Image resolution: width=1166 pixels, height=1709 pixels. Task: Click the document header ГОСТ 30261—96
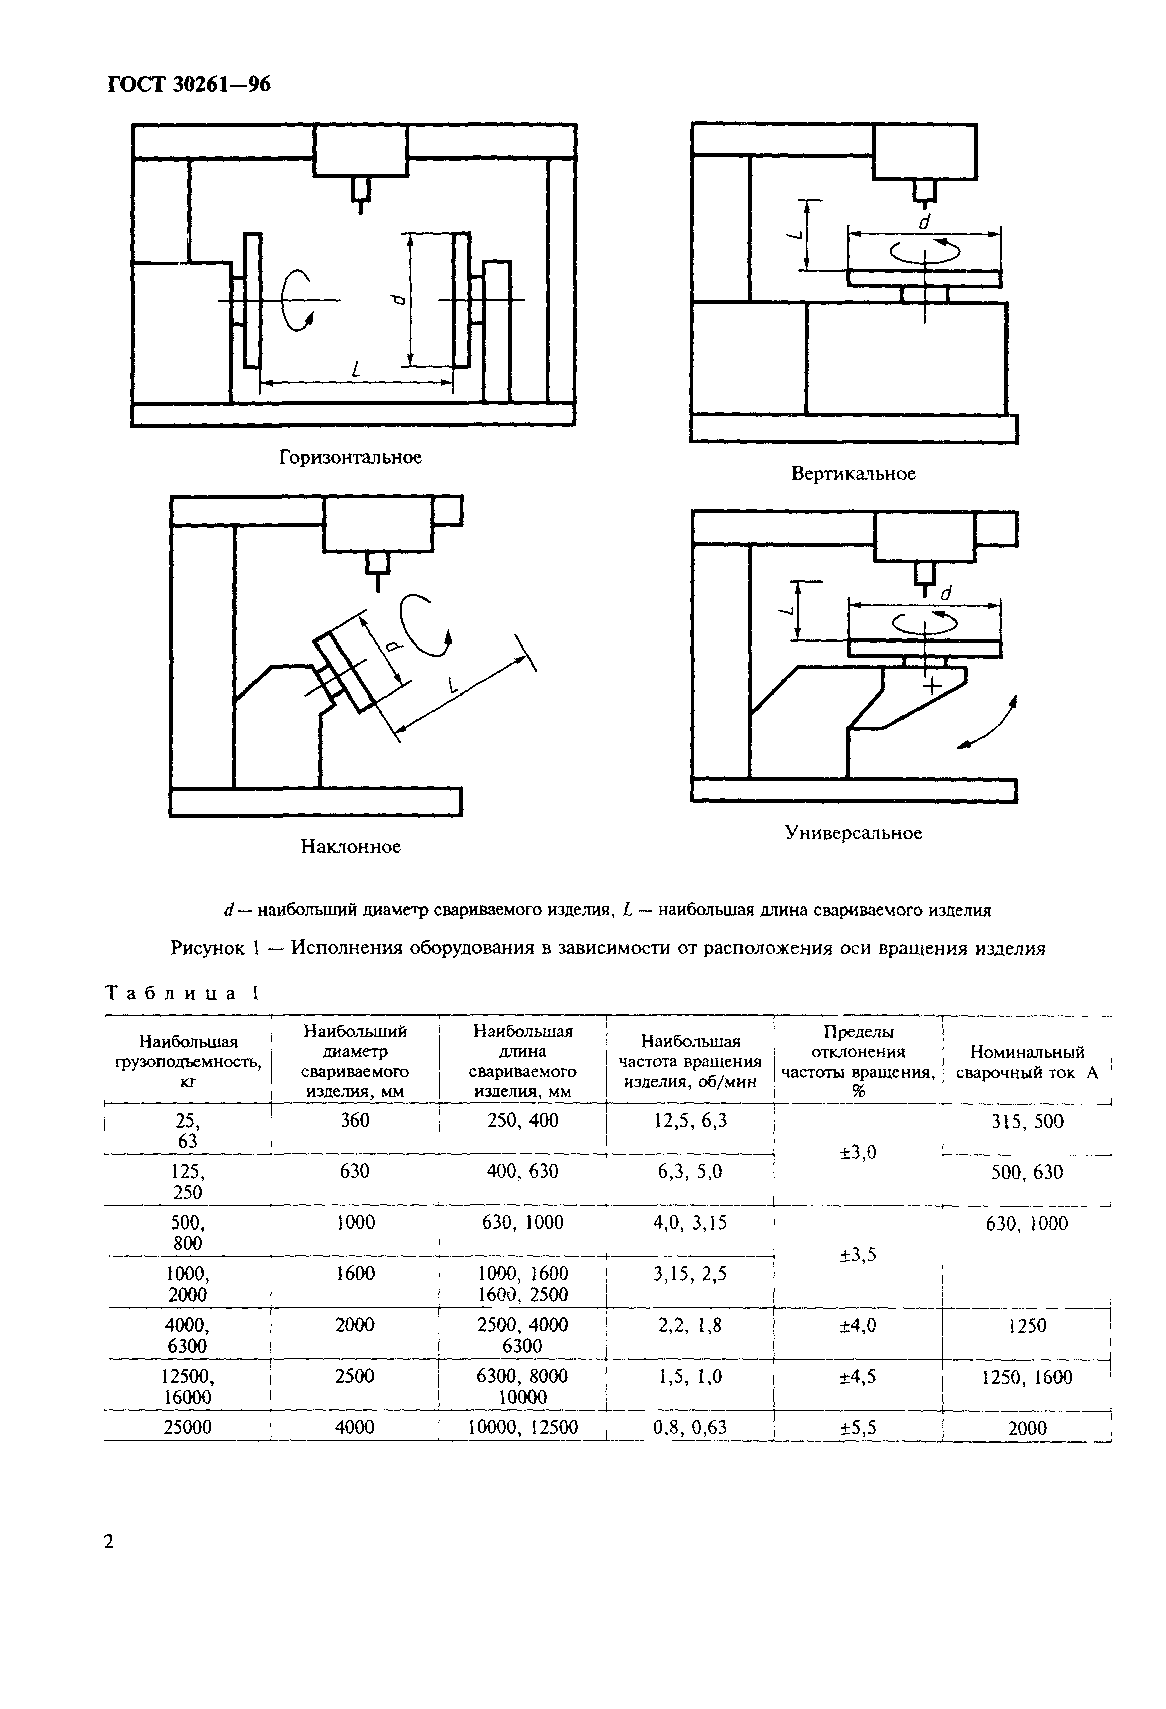coord(189,85)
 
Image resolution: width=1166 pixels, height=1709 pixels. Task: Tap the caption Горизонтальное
coord(350,457)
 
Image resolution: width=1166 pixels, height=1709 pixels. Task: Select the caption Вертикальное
coord(854,473)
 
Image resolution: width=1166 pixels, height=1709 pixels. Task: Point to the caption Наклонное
coord(351,846)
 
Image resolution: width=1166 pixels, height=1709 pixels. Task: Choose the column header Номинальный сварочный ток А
coord(1027,1062)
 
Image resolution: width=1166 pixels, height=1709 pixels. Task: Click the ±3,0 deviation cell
coord(858,1152)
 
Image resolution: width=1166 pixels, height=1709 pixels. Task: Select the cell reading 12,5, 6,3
coord(691,1120)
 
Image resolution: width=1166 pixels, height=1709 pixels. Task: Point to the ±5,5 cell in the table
coord(858,1427)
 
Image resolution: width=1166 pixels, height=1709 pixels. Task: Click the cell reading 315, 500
coord(1027,1121)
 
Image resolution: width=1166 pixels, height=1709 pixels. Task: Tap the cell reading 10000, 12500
coord(523,1427)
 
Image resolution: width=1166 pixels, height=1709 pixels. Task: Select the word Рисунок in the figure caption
coord(207,948)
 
